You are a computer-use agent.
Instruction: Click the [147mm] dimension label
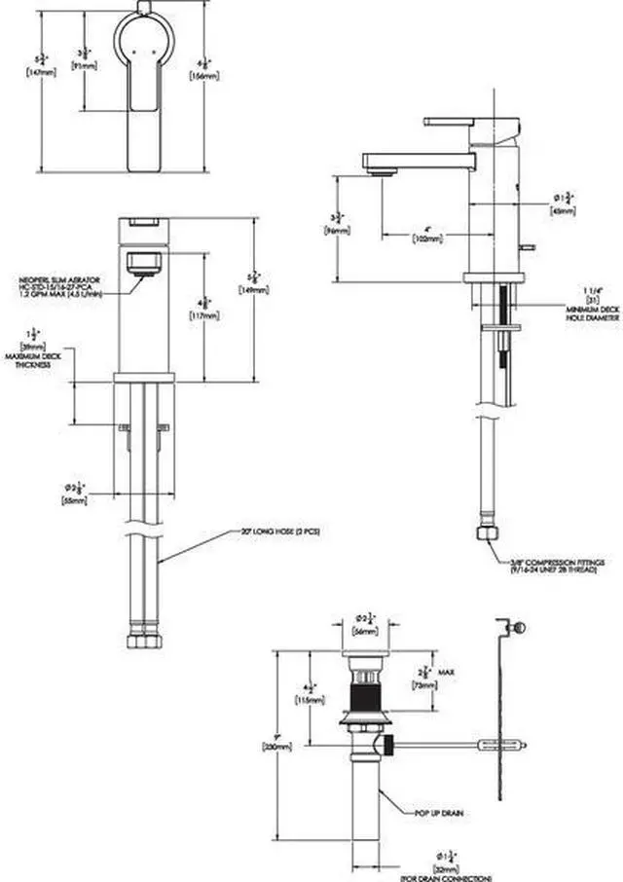(40, 72)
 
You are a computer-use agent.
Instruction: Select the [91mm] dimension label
(85, 66)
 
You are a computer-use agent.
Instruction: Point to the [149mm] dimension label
(250, 289)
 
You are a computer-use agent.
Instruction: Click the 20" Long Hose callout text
(266, 533)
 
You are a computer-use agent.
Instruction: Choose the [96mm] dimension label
(336, 231)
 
